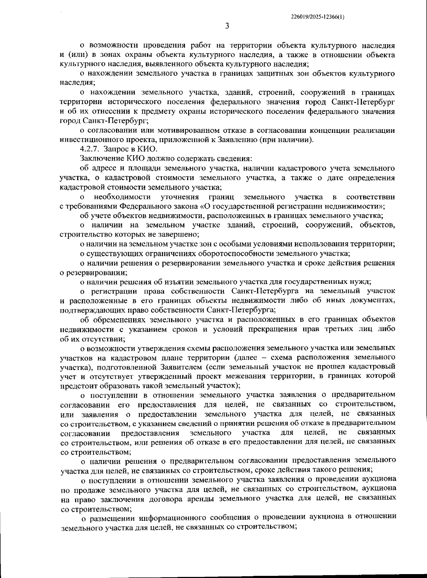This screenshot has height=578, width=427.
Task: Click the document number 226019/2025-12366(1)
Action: coord(318,17)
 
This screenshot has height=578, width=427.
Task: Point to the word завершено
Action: coord(179,234)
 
